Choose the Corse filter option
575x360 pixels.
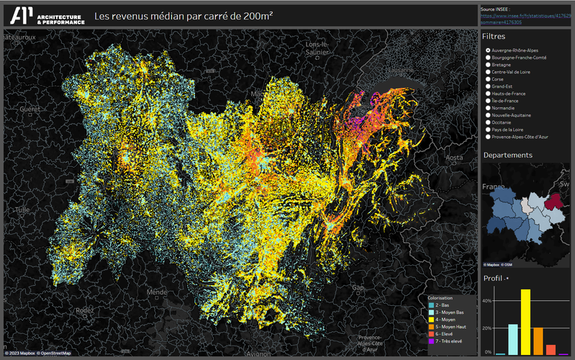pos(489,78)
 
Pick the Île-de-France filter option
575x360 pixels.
pos(489,100)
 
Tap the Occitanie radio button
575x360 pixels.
pos(489,122)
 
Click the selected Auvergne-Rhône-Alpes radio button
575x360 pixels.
pos(489,50)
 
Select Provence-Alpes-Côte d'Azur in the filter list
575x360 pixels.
pos(489,136)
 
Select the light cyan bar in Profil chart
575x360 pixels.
pos(513,339)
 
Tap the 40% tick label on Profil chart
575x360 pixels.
pos(487,301)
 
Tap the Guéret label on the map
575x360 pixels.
pos(31,108)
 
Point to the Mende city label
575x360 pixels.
pos(156,292)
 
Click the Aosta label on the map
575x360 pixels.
pos(454,157)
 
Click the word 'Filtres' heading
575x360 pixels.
pos(494,36)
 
